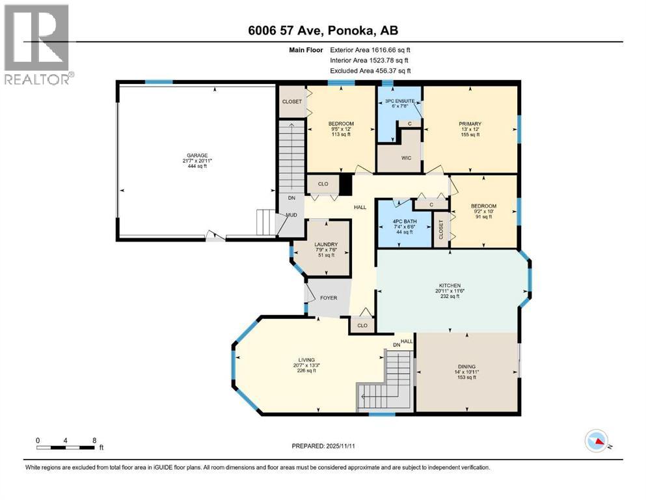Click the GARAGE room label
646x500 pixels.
[195, 156]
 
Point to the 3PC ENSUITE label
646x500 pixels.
[399, 102]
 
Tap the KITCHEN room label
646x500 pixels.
[450, 285]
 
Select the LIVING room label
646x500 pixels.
[306, 360]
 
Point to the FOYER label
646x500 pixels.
[329, 298]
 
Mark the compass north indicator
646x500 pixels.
[596, 442]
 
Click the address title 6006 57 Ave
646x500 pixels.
[323, 30]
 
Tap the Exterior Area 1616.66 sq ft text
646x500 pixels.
[370, 49]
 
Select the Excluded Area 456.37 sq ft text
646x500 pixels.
[370, 70]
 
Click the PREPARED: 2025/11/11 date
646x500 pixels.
[323, 447]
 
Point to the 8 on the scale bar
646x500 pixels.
[95, 440]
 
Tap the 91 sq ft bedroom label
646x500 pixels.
[483, 217]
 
